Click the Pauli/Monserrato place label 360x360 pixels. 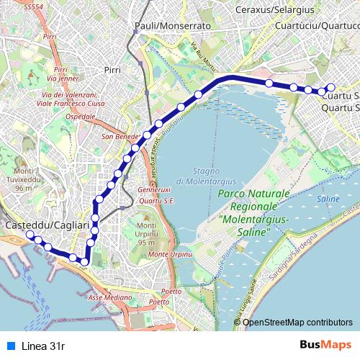coord(172,25)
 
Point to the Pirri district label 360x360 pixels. coord(112,70)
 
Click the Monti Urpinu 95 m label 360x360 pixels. coord(151,235)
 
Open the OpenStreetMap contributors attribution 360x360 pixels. coord(297,322)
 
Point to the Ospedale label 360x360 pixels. coord(80,117)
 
